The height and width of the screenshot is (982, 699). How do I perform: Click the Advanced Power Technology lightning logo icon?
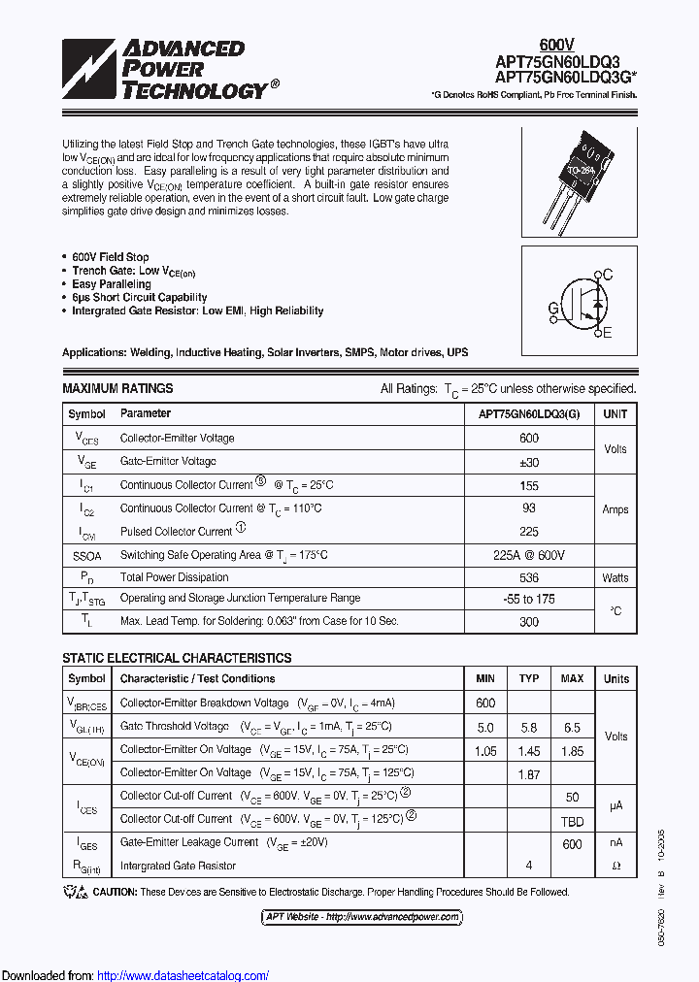tap(89, 69)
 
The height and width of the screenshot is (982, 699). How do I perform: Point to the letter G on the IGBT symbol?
tap(552, 309)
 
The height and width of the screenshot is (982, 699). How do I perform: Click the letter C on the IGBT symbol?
tap(608, 276)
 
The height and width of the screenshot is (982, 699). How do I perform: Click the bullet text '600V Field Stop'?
tap(110, 257)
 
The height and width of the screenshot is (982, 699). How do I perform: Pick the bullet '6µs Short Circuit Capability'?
tap(139, 298)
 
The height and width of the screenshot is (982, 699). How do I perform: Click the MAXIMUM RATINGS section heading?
tap(117, 388)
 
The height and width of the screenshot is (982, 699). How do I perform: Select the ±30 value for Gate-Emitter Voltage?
tap(529, 462)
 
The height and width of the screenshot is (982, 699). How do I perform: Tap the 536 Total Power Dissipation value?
tap(529, 577)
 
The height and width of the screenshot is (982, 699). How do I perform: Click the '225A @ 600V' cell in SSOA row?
tap(529, 555)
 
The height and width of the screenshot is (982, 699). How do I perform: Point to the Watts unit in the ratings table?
tap(616, 577)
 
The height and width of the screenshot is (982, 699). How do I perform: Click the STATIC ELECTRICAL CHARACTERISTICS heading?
tap(177, 658)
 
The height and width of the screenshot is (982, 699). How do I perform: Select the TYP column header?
tap(529, 678)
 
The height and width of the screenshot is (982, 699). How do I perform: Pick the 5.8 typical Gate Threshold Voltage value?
tap(529, 727)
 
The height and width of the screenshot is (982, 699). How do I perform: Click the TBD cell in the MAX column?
tap(573, 819)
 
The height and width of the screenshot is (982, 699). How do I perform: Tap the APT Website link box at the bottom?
tap(361, 917)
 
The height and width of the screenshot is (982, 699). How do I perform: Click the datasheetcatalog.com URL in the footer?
tap(183, 975)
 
